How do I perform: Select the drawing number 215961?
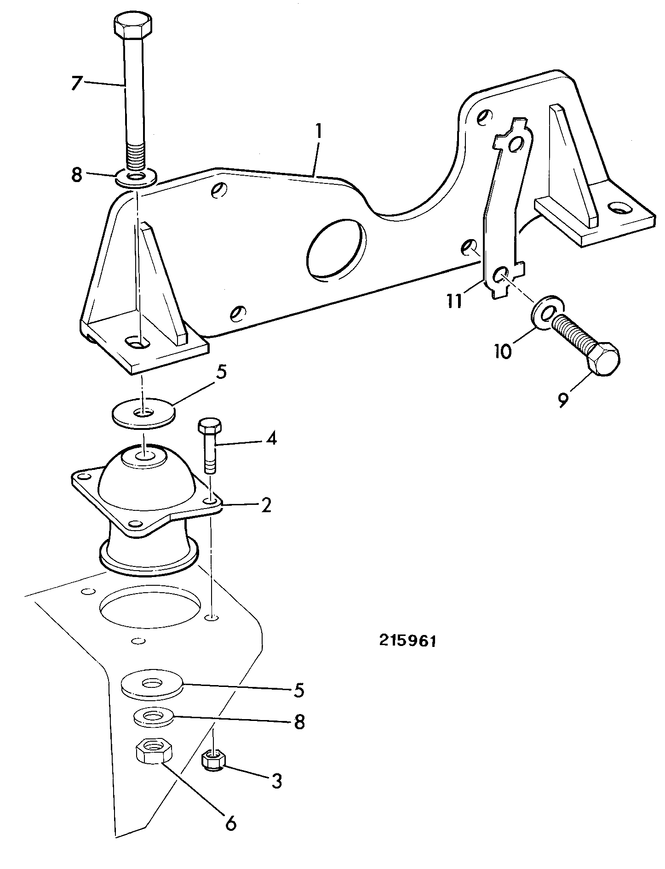coord(407,641)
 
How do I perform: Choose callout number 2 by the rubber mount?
coord(266,505)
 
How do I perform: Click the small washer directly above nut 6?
coord(154,717)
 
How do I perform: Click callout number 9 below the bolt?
coord(563,399)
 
